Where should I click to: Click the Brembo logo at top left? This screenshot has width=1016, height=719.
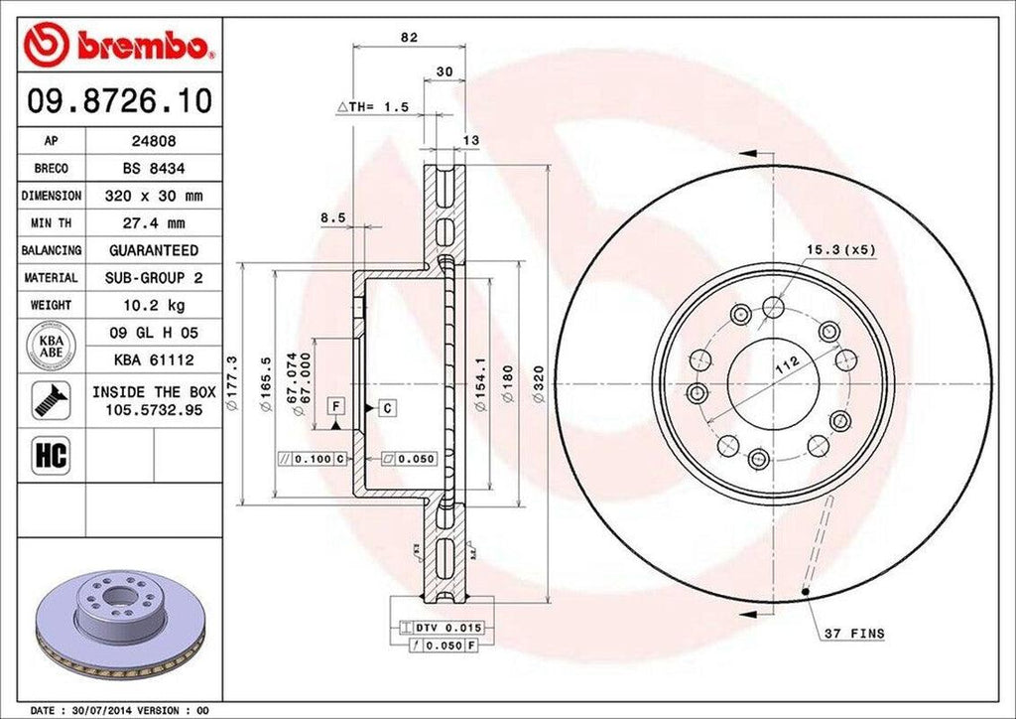click(118, 45)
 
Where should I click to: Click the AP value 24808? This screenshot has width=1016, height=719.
click(154, 142)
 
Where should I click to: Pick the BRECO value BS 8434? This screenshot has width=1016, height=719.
click(154, 169)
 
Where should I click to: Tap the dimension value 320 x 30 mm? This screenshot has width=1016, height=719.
click(154, 196)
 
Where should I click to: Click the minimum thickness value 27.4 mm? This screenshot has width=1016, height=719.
click(154, 223)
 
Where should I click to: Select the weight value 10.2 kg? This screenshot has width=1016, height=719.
click(154, 304)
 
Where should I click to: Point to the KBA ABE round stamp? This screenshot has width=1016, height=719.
click(52, 344)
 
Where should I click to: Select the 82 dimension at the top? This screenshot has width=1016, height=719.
click(408, 38)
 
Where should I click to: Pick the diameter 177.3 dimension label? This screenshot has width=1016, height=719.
click(231, 384)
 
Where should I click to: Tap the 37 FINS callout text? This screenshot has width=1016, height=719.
click(854, 634)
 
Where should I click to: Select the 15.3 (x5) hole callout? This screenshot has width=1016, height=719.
click(840, 250)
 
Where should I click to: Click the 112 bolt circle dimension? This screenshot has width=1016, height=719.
click(787, 364)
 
